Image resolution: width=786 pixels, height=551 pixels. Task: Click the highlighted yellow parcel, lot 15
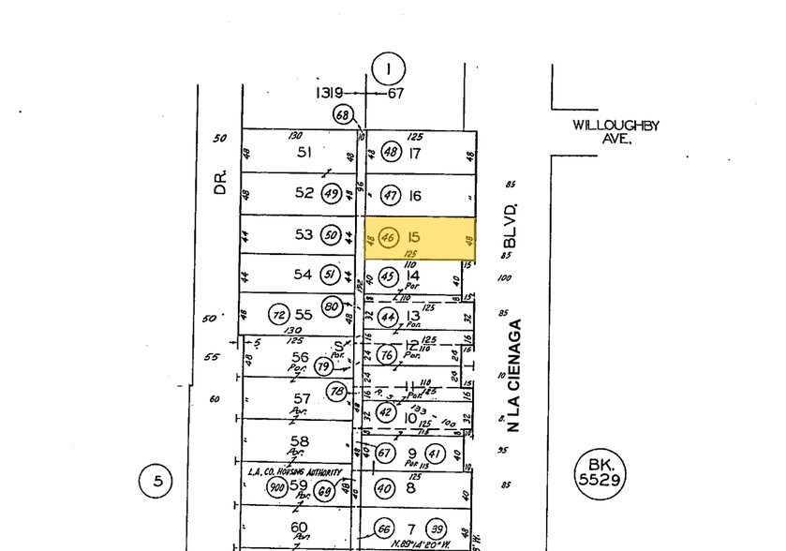tap(420, 239)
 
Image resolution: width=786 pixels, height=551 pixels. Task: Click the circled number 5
tap(157, 482)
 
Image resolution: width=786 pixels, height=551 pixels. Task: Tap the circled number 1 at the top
tap(387, 68)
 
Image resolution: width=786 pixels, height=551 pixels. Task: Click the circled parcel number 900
tap(276, 487)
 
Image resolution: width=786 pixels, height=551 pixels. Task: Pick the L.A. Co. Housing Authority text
tap(294, 472)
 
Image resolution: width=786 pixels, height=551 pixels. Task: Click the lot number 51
tap(303, 152)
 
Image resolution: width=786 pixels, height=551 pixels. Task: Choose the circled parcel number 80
tap(331, 305)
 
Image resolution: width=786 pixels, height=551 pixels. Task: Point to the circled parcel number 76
tap(386, 355)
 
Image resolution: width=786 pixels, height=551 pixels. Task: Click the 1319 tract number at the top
tap(329, 93)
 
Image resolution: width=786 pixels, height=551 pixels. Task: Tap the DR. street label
tap(221, 181)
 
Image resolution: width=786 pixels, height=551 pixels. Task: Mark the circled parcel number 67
tap(384, 454)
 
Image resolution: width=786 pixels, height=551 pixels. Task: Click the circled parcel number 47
tap(391, 195)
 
